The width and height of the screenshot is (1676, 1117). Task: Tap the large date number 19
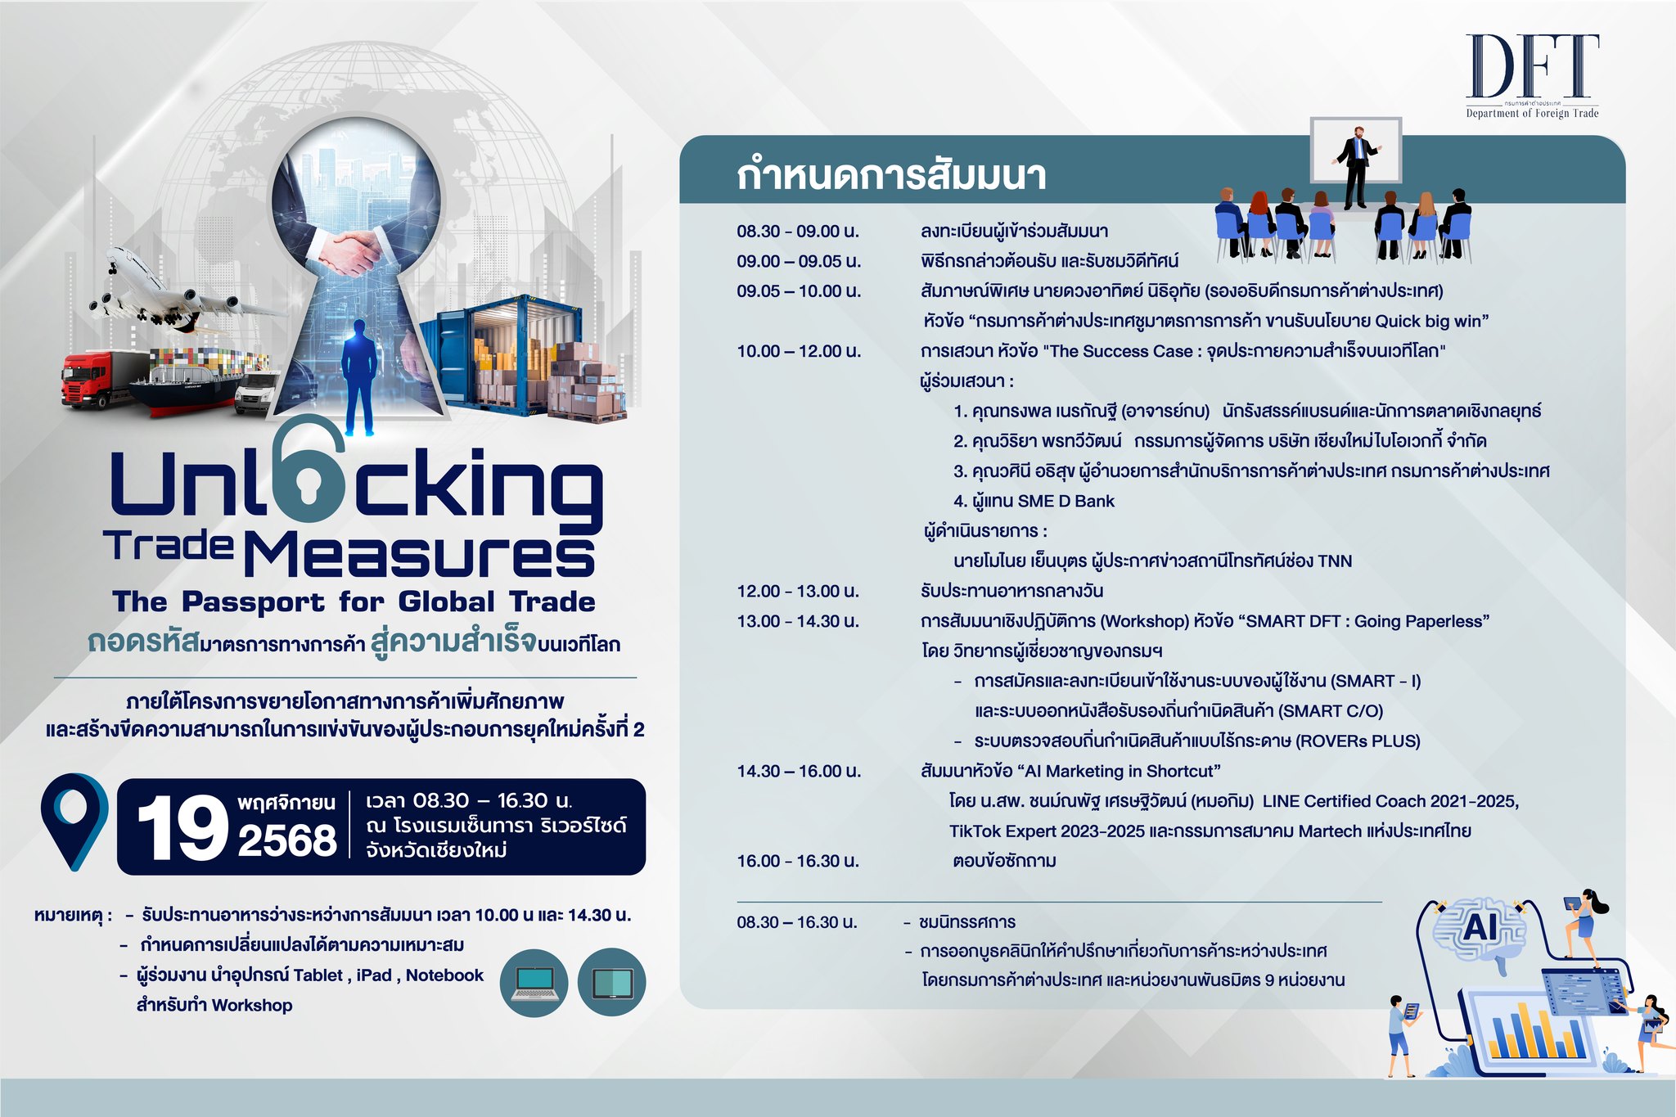[182, 828]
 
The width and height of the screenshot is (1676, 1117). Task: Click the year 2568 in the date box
[287, 840]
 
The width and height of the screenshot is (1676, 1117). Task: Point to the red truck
[98, 380]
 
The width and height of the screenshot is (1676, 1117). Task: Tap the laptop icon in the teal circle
[534, 983]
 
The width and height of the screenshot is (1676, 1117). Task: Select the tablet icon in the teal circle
[611, 983]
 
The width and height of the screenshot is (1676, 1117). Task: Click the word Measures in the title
[420, 555]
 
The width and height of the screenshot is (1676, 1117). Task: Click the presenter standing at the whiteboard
[1356, 168]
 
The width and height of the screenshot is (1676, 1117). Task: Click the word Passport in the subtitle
[253, 603]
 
